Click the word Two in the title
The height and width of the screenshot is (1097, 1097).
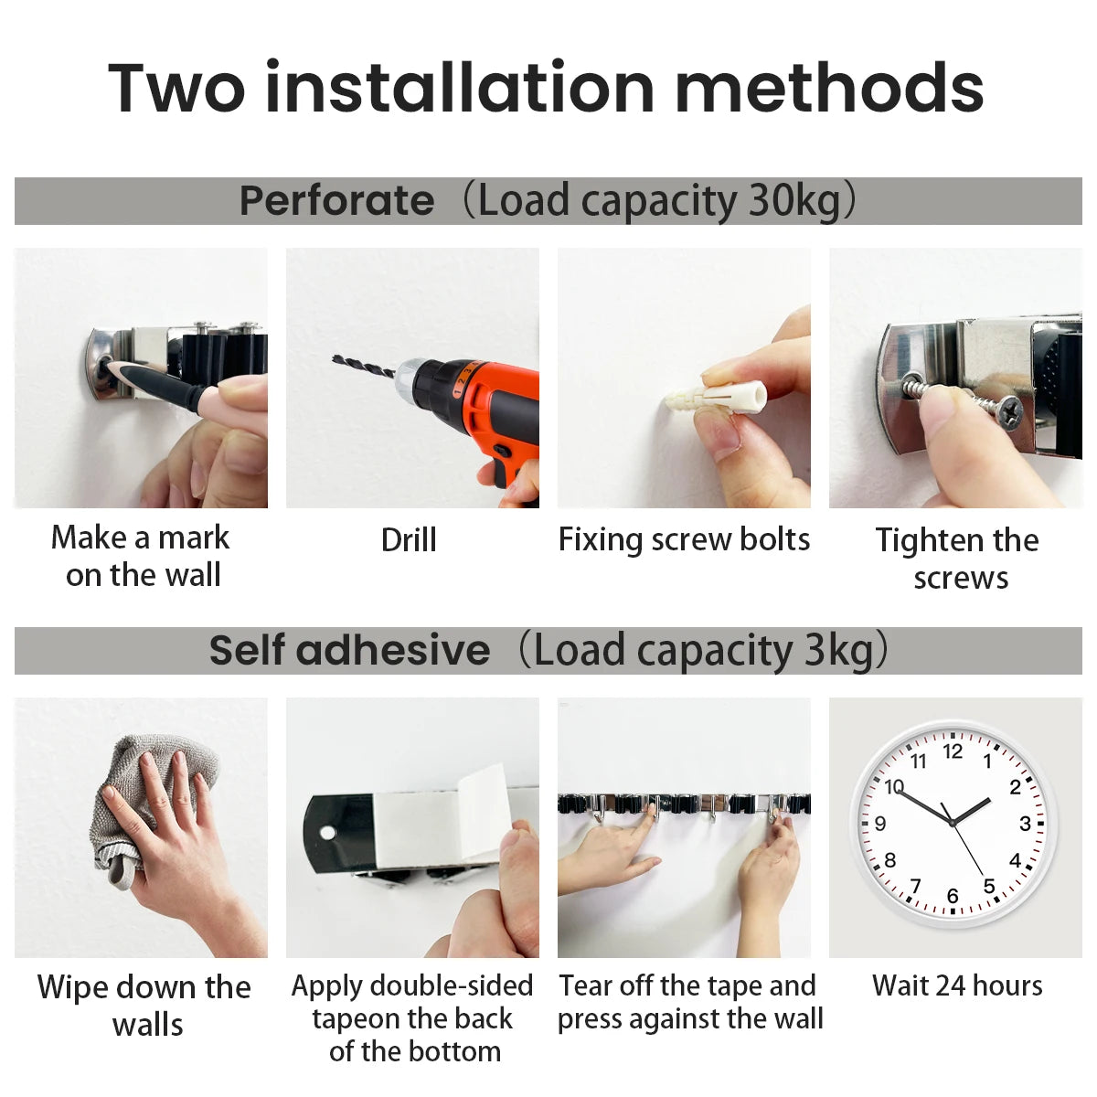tap(176, 89)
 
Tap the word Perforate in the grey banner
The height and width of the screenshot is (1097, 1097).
tap(336, 201)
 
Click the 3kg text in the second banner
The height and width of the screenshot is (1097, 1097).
tap(838, 651)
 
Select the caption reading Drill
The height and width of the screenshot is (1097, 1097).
tap(409, 540)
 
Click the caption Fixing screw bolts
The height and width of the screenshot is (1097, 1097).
tap(684, 540)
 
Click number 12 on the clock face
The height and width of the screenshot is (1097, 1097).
tap(953, 751)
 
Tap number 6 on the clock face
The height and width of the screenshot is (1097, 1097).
tap(953, 896)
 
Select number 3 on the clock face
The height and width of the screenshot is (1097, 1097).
tap(1025, 824)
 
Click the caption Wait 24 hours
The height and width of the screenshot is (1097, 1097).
tap(956, 985)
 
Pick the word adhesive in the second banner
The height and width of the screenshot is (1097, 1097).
tap(393, 651)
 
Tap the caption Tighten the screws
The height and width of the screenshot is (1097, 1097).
tap(957, 559)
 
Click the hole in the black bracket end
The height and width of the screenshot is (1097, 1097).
tap(327, 833)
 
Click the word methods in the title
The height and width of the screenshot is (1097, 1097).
tap(829, 89)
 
